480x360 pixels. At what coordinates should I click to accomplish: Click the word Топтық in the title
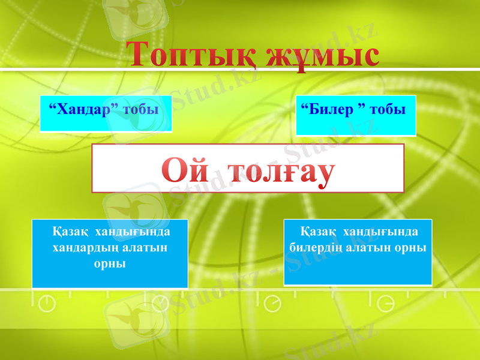pos(191,55)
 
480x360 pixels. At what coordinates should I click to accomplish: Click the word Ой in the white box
pos(187,171)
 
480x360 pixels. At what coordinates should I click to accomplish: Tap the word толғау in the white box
pos(280,171)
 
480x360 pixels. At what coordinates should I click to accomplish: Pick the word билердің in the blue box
pos(316,247)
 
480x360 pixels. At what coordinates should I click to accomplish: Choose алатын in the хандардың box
pos(142,247)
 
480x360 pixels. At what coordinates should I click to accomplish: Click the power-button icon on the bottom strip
pos(47,304)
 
